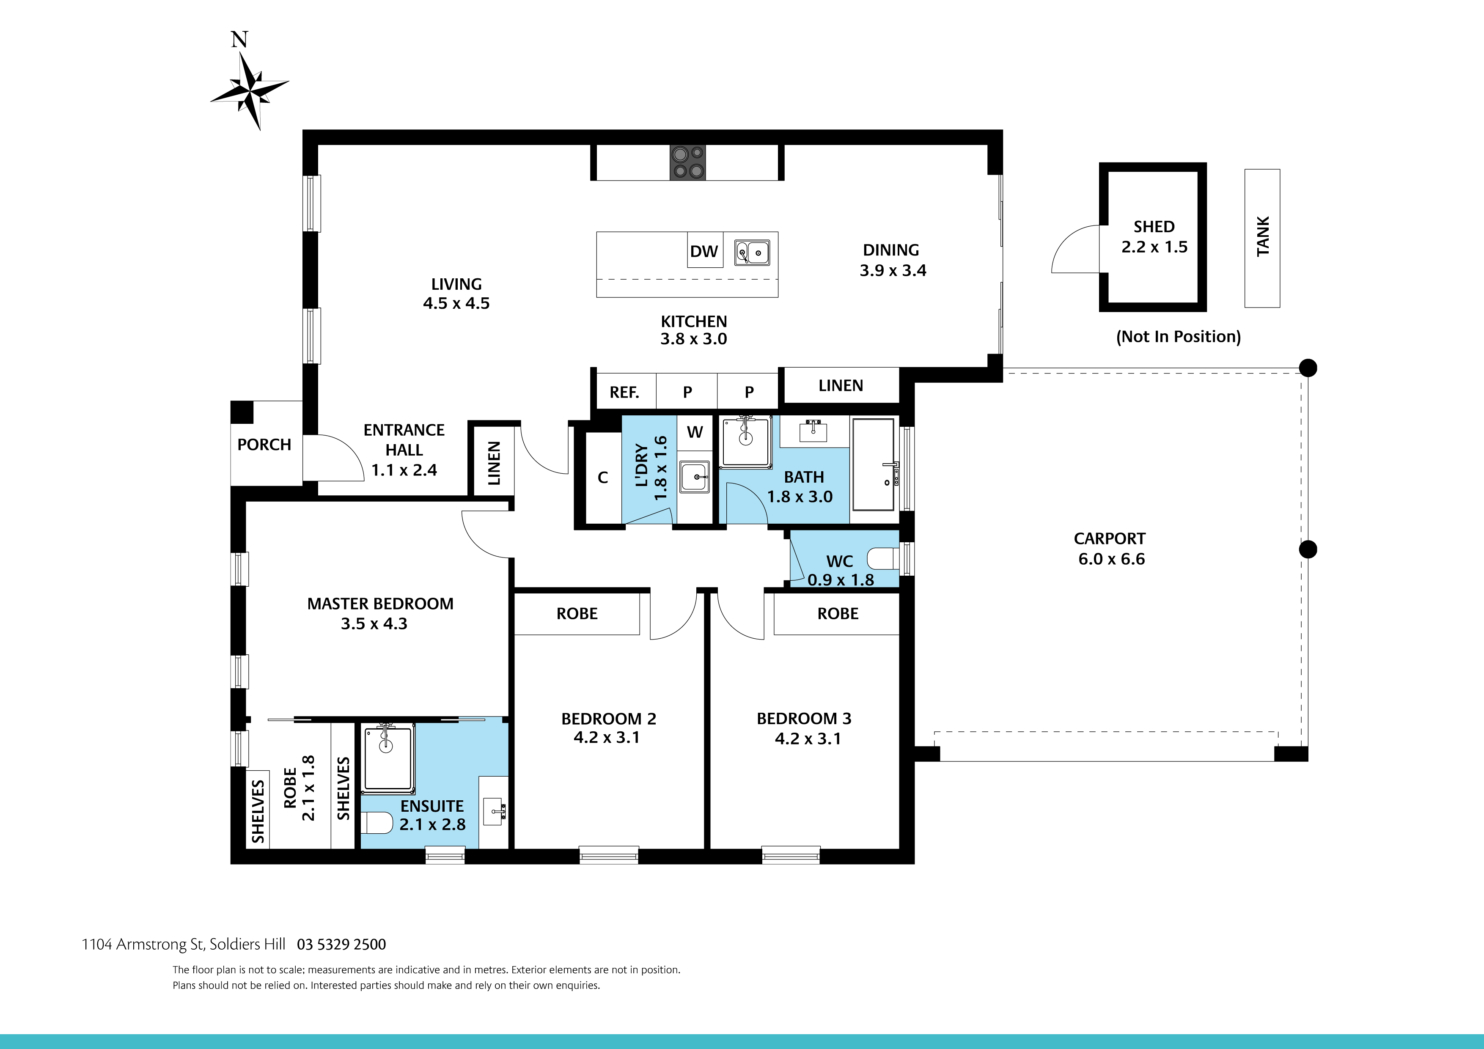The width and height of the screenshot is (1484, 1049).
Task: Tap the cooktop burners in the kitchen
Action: click(x=687, y=162)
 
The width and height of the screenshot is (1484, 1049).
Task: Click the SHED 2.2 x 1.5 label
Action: click(x=1154, y=236)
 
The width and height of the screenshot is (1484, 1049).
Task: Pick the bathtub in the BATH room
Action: click(x=874, y=464)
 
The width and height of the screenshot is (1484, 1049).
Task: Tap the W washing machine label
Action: click(x=695, y=432)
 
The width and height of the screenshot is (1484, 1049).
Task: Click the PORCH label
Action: click(x=264, y=445)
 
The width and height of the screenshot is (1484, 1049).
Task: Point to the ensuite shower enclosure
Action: click(x=388, y=759)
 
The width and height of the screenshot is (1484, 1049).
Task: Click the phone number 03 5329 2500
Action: click(x=341, y=944)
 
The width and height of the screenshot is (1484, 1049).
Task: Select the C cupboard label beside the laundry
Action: click(x=602, y=477)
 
